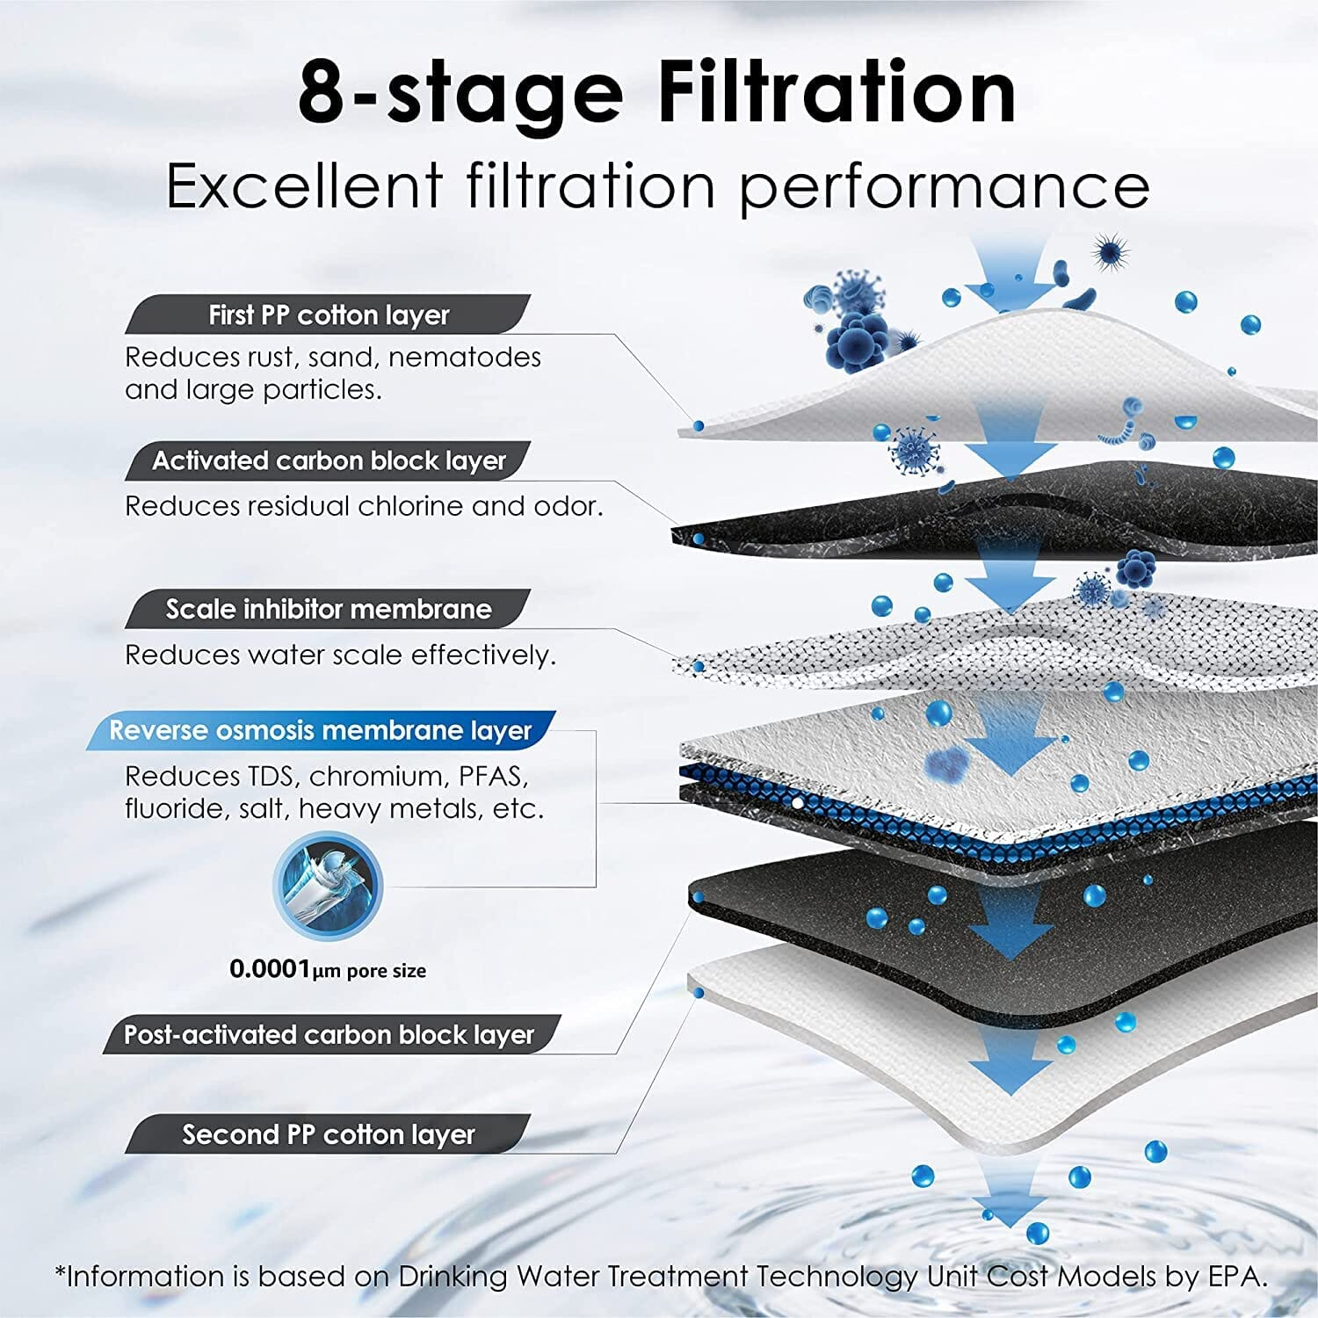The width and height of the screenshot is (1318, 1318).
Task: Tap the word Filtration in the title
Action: point(836,93)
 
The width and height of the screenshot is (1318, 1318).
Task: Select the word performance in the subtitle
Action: point(945,187)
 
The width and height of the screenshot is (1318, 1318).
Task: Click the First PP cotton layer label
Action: point(329,315)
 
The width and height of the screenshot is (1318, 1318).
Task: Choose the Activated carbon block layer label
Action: point(329,460)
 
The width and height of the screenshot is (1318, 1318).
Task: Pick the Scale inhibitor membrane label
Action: point(329,609)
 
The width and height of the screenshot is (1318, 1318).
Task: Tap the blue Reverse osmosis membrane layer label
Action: point(321,730)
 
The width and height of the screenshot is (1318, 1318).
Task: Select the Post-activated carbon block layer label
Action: point(329,1034)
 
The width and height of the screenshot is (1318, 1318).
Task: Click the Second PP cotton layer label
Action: point(329,1134)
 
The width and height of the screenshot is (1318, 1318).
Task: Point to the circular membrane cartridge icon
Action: point(327,885)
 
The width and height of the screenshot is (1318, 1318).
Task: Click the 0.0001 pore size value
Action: point(271,969)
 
